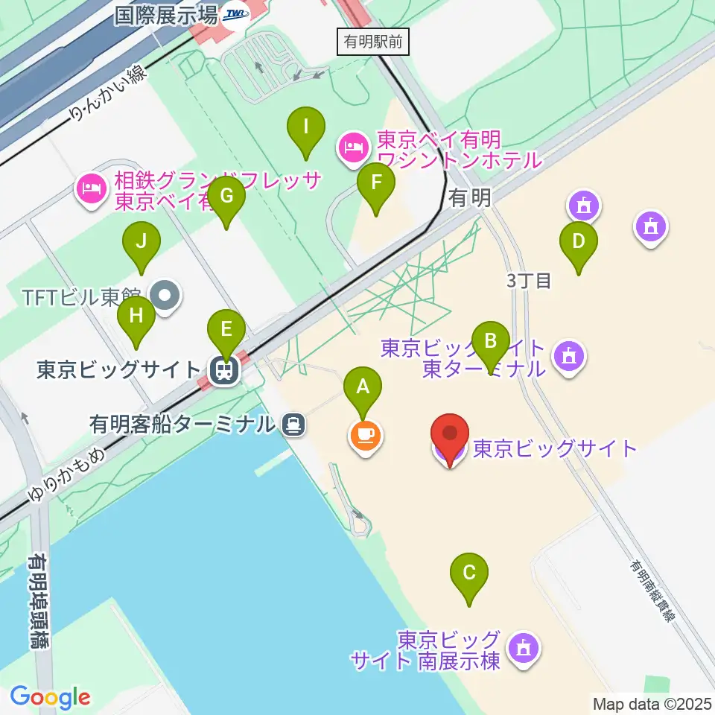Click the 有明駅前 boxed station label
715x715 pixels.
372,42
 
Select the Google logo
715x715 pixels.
50,697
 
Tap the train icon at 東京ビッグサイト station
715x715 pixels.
222,369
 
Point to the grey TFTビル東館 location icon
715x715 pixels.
165,296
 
